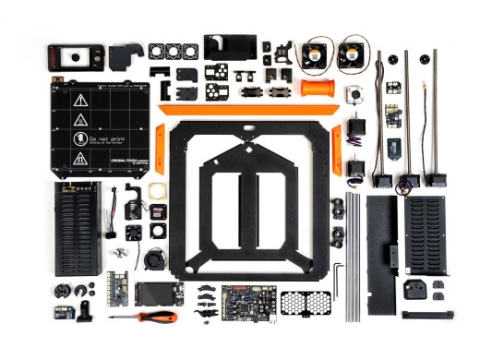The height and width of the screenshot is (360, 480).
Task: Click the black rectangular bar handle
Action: coord(427,315)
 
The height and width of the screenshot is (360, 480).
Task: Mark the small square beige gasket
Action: coord(157,192)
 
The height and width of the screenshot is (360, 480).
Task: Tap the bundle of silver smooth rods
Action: coord(352,257)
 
